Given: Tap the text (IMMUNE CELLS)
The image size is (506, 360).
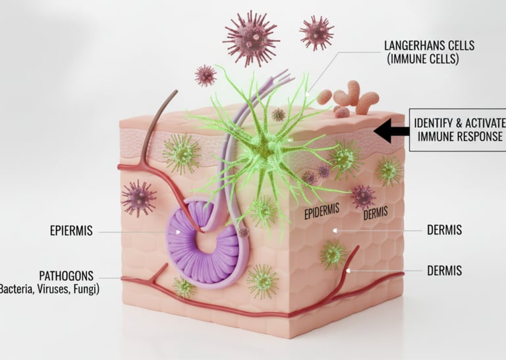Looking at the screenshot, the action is click(x=421, y=59).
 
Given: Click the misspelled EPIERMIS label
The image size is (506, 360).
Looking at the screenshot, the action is click(x=71, y=231).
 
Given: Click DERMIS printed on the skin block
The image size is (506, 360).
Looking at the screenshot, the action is click(x=376, y=214).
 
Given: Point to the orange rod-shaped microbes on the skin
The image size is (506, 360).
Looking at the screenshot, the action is click(x=349, y=98).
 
